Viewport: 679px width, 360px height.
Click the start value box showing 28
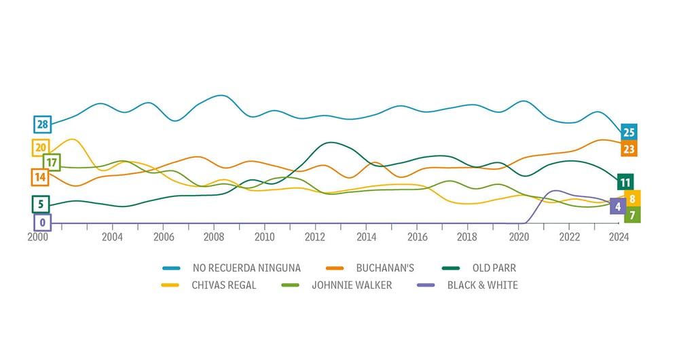coord(42,124)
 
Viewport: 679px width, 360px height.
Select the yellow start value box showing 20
coord(40,147)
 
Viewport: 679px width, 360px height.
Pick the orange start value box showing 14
coord(40,177)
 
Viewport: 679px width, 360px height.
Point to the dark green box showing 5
coord(40,204)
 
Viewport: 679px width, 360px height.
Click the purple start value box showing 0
coord(42,222)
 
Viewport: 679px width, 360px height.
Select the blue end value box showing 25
coord(629,132)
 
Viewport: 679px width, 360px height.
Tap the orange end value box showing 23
coord(629,149)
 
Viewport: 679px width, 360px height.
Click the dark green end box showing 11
coord(625,182)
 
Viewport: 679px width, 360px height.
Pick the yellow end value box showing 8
coord(632,199)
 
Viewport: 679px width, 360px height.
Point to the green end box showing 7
coord(632,215)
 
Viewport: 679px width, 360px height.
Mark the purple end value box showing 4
coord(618,206)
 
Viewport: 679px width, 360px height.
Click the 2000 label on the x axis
coord(38,237)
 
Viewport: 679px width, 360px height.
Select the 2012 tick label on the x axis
coord(315,237)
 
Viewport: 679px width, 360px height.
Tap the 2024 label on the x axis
coord(619,237)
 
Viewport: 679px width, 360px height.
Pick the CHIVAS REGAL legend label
coord(224,285)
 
